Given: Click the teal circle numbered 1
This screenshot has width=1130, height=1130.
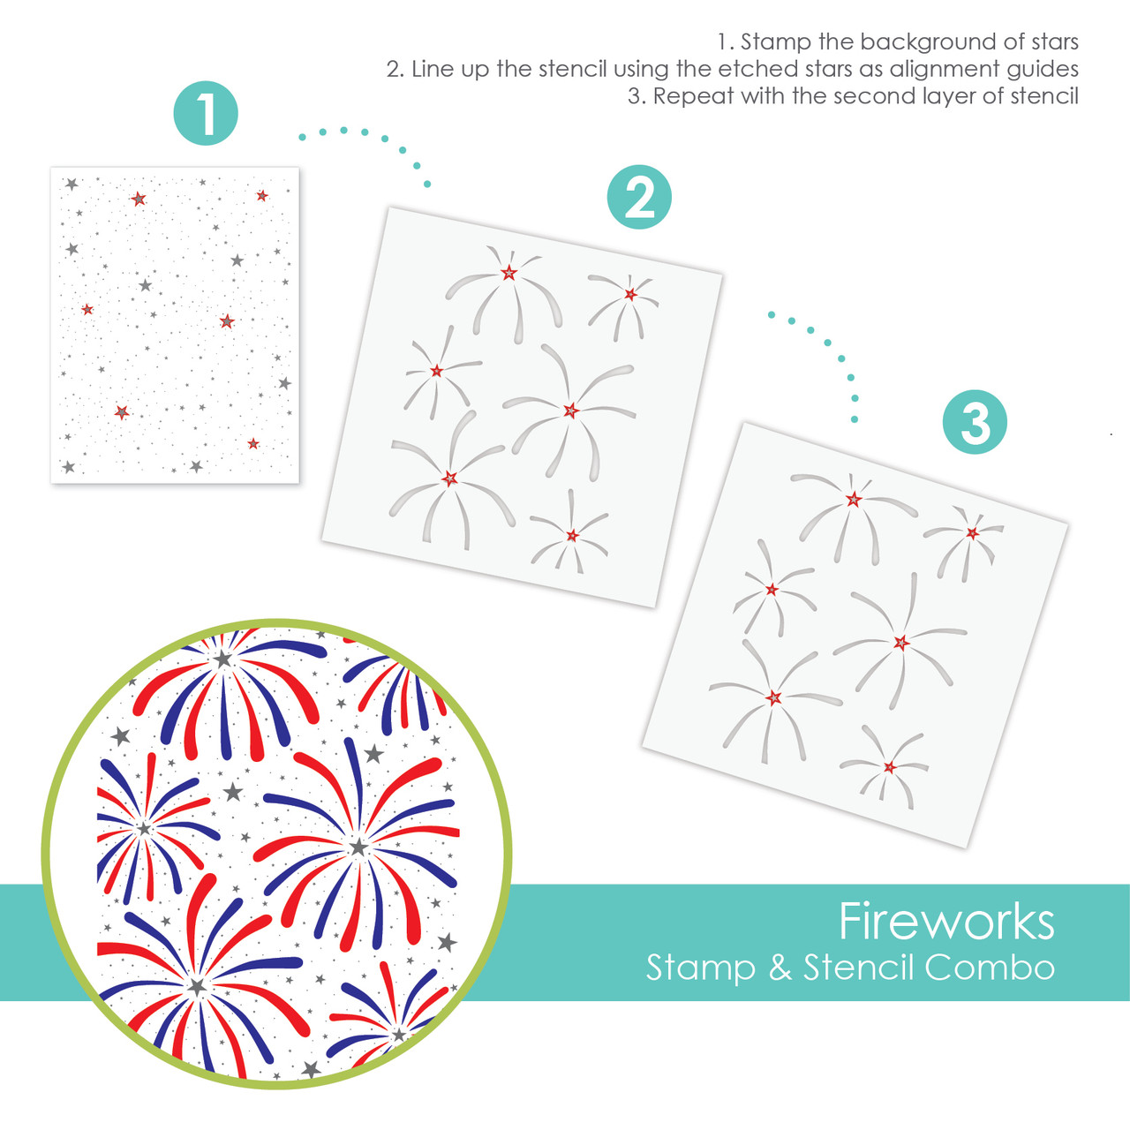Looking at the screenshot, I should click(206, 113).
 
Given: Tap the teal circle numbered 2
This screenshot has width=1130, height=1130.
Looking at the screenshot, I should click(639, 197).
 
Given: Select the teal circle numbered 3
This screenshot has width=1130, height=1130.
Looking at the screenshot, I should click(975, 422).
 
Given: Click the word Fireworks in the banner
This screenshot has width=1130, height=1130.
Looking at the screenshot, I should click(946, 922).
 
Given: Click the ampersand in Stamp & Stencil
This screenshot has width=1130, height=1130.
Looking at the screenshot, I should click(780, 968).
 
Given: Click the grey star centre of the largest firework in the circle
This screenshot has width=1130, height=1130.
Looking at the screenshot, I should click(358, 847).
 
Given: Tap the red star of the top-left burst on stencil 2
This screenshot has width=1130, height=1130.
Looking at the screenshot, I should click(508, 273).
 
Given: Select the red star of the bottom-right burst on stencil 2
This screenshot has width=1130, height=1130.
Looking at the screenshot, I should click(572, 535).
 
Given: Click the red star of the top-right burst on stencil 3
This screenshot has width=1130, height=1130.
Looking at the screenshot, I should click(972, 533).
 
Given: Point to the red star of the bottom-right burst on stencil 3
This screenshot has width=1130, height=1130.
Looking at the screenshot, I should click(890, 767).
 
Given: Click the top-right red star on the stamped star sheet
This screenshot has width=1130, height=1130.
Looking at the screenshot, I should click(262, 195).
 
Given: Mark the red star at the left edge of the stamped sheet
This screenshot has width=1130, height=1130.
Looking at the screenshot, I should click(87, 309).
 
